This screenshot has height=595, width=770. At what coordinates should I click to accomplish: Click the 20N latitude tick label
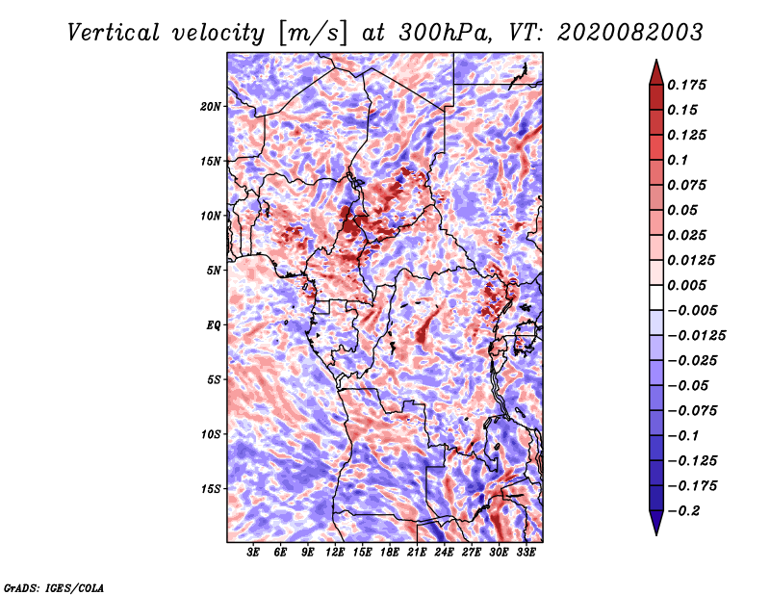click(x=211, y=106)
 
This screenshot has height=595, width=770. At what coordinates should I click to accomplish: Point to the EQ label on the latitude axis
click(x=214, y=325)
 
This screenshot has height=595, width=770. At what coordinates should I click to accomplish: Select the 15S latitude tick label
click(x=211, y=489)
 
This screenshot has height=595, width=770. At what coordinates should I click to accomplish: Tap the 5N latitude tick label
click(x=214, y=271)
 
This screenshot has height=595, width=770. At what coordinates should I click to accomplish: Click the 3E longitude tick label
click(x=254, y=553)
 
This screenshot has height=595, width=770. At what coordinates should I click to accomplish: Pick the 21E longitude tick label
click(x=417, y=553)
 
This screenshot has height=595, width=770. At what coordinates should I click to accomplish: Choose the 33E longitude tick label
click(x=526, y=553)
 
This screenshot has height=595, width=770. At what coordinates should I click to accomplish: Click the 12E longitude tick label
click(x=335, y=553)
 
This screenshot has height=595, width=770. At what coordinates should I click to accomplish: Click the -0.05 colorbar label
click(x=689, y=385)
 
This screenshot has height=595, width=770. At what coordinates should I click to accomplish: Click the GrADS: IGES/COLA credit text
click(x=54, y=585)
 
